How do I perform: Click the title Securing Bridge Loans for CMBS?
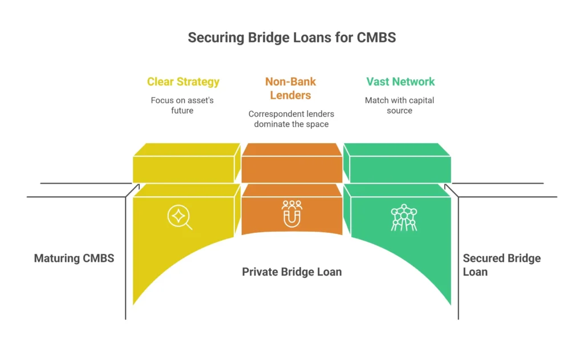click(x=291, y=38)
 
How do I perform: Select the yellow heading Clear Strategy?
click(x=183, y=82)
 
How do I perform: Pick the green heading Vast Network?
click(x=400, y=82)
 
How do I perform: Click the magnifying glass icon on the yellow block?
click(x=179, y=217)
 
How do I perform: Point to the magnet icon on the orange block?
click(x=292, y=214)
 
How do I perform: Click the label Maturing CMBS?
click(x=74, y=258)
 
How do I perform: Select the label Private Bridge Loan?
click(x=292, y=272)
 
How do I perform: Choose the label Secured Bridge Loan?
click(x=501, y=265)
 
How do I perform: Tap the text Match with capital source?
click(x=399, y=105)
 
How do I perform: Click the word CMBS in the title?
click(x=377, y=38)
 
